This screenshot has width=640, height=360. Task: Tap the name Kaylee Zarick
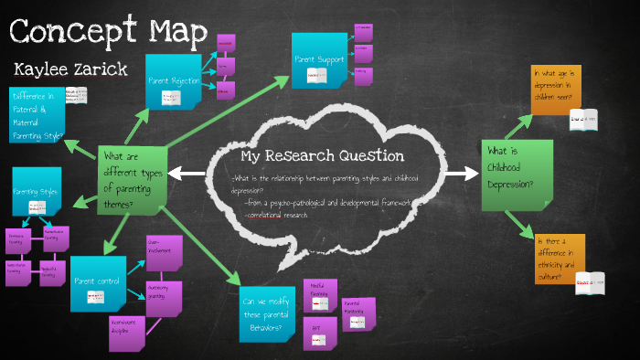click(69, 69)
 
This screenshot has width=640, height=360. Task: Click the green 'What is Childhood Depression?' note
click(517, 174)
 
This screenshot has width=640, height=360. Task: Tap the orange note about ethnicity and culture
click(559, 259)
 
